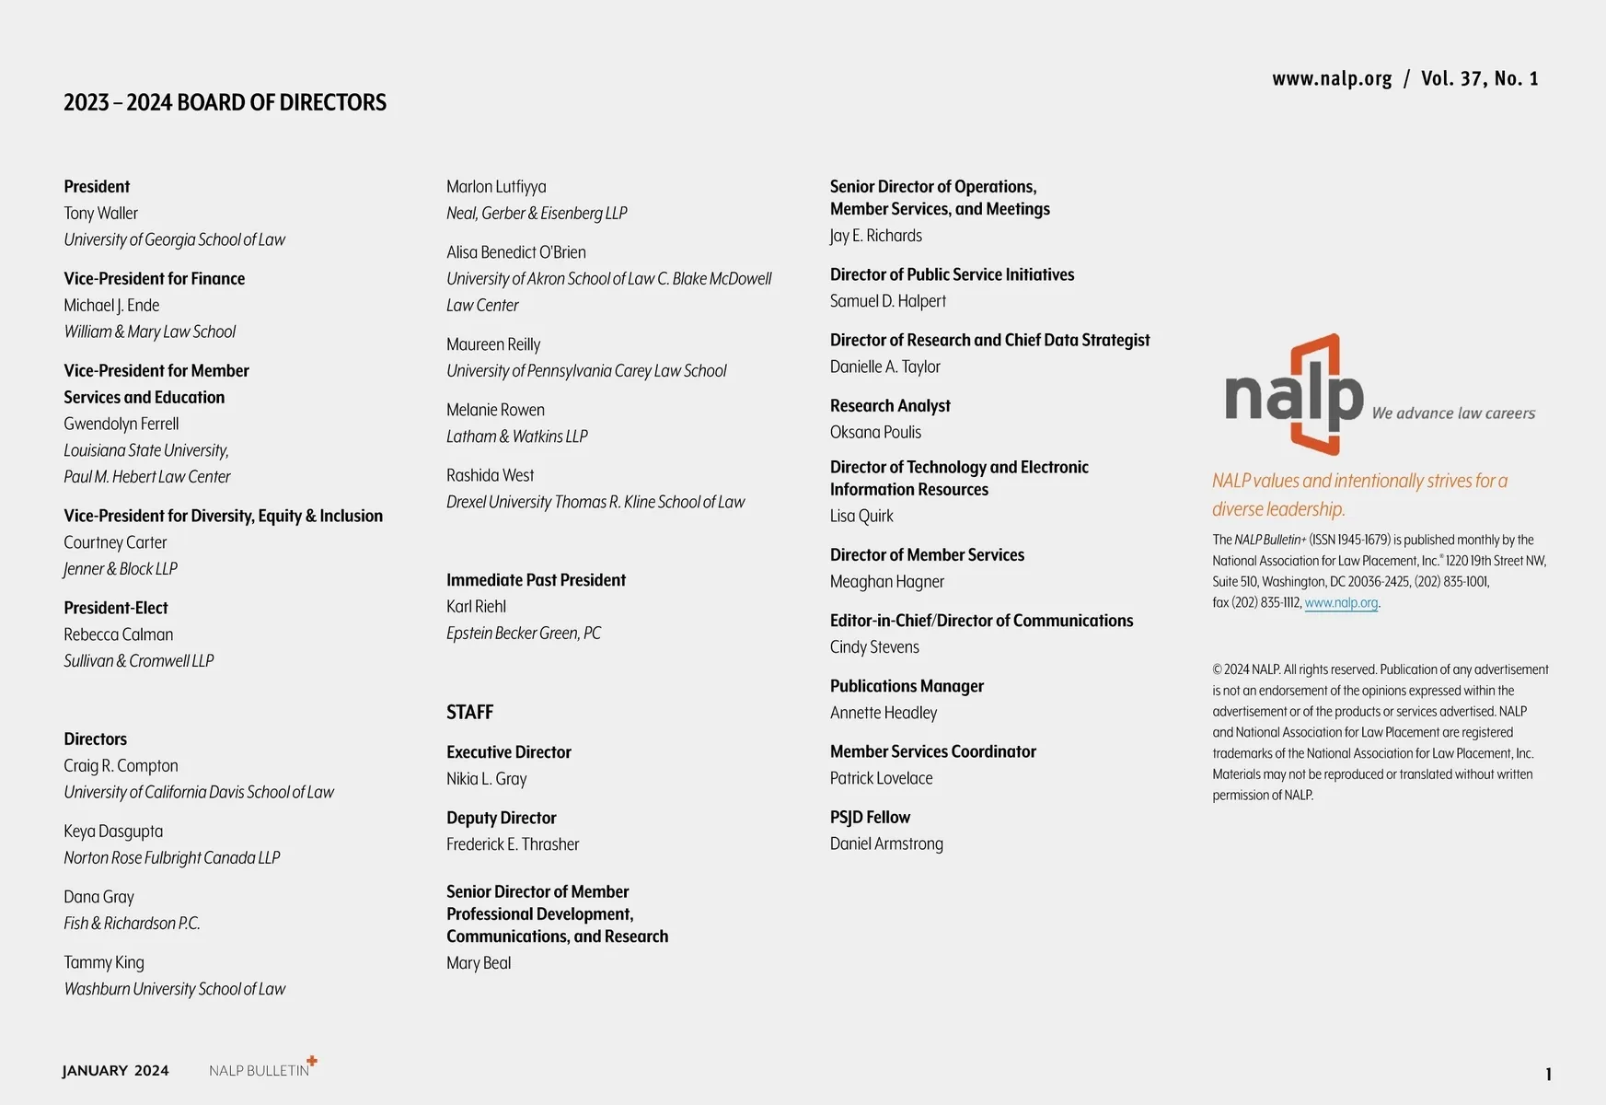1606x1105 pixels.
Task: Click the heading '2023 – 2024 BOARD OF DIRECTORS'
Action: pyautogui.click(x=225, y=102)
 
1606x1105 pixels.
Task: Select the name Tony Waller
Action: pyautogui.click(x=100, y=213)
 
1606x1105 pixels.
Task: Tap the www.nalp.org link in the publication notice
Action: pyautogui.click(x=1341, y=603)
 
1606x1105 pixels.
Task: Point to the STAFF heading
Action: pyautogui.click(x=469, y=712)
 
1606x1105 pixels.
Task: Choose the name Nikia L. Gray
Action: pyautogui.click(x=486, y=779)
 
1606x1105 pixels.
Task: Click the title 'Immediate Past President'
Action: pyautogui.click(x=536, y=580)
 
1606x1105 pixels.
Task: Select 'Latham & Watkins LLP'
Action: pyautogui.click(x=516, y=436)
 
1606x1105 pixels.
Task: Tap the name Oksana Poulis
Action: pyautogui.click(x=874, y=432)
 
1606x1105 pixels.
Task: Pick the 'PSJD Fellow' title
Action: pyautogui.click(x=869, y=817)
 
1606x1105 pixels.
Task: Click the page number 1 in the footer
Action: pyautogui.click(x=1548, y=1074)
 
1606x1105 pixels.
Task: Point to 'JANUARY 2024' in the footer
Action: pyautogui.click(x=115, y=1070)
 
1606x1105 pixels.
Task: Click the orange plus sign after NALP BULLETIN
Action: pyautogui.click(x=312, y=1061)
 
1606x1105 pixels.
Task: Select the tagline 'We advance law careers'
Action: pyautogui.click(x=1452, y=413)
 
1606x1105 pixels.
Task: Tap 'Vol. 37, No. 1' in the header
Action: pyautogui.click(x=1479, y=79)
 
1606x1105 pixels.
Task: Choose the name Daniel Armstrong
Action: pyautogui.click(x=885, y=843)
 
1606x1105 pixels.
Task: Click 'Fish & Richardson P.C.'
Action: pyautogui.click(x=132, y=924)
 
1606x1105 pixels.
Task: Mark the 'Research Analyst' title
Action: pyautogui.click(x=889, y=406)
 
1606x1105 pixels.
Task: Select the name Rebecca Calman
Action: pyautogui.click(x=118, y=634)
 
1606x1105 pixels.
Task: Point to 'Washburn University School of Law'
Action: pyautogui.click(x=174, y=989)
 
